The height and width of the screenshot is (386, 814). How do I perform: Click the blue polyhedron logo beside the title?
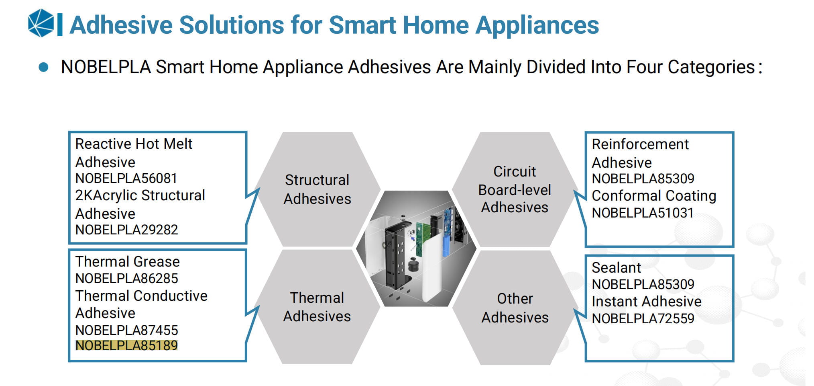pos(41,23)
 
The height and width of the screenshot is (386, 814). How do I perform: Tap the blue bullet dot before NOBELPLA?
pos(43,67)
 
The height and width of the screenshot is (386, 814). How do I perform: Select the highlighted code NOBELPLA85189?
pos(126,345)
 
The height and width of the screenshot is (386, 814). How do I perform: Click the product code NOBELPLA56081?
pos(126,178)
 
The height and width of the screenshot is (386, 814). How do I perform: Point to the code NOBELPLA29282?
pos(126,230)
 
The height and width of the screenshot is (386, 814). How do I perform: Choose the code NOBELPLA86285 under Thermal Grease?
pos(126,278)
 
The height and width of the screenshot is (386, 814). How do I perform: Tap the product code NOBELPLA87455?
pos(126,330)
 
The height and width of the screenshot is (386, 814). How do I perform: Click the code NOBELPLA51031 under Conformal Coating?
pos(643,213)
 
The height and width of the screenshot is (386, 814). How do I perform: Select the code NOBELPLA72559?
pos(643,318)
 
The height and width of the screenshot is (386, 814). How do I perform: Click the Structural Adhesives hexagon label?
pos(317,189)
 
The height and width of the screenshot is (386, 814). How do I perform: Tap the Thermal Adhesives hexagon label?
pos(317,307)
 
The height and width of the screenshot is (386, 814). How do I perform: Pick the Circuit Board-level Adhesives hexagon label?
pos(515,189)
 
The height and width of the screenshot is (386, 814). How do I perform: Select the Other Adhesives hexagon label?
pos(515,308)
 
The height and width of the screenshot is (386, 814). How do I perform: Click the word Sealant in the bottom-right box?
pos(616,267)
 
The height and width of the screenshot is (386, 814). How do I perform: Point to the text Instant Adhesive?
pos(646,301)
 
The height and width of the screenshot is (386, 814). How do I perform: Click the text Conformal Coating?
pos(654,196)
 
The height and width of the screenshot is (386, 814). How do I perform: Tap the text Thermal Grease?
pos(127,262)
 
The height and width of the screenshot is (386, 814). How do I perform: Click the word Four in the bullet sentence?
pos(644,67)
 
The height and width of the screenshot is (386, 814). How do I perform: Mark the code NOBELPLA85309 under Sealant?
pos(643,284)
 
